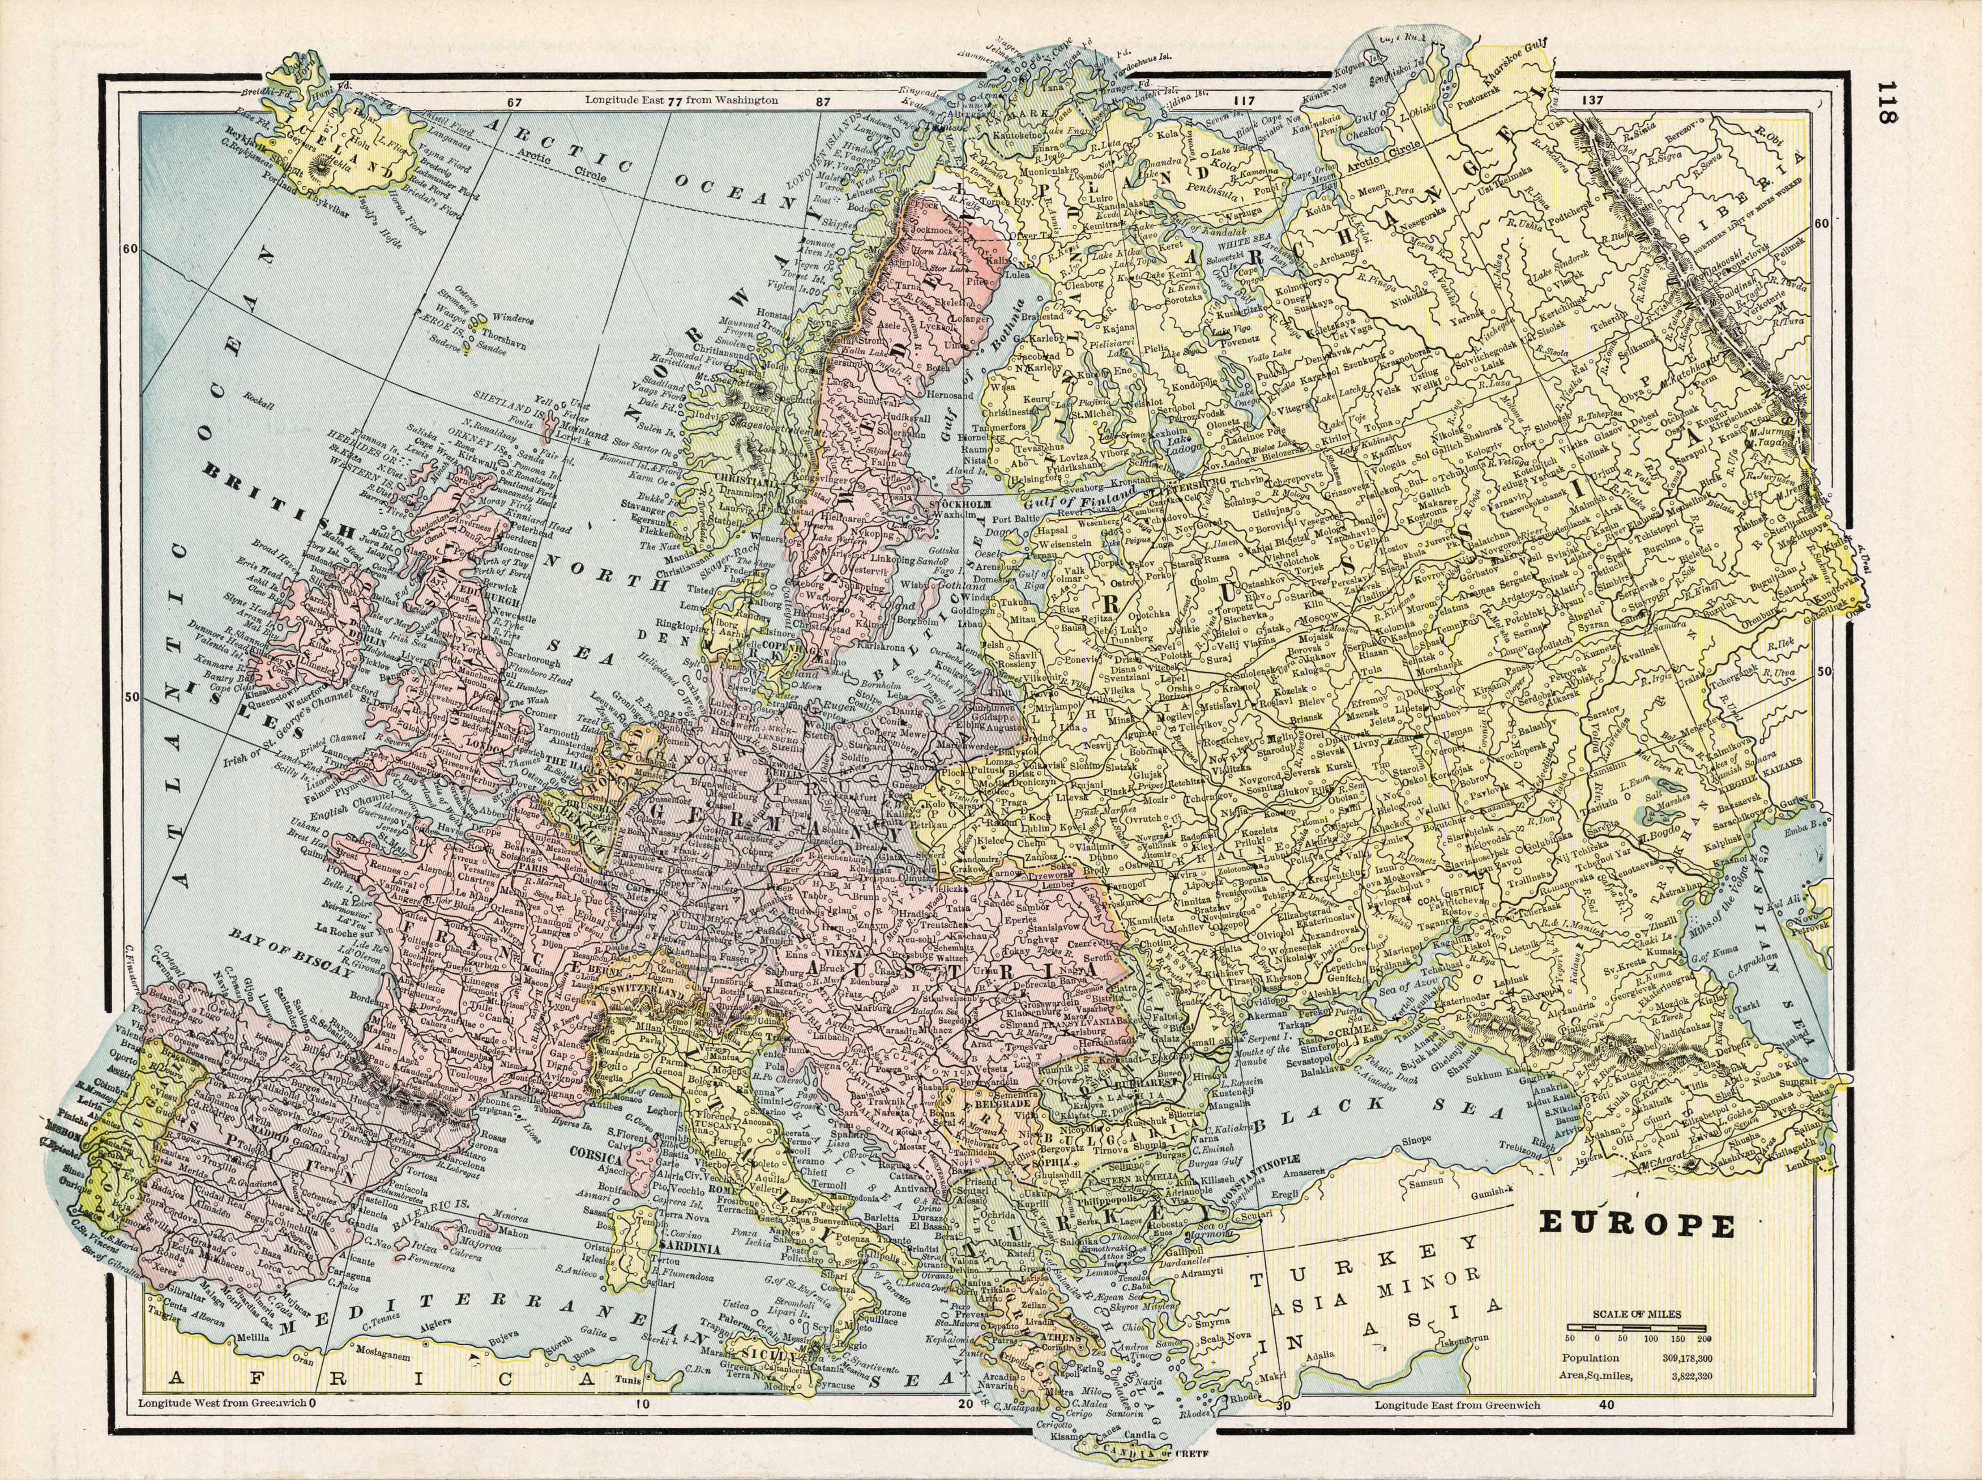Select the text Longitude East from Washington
[x=681, y=102]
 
